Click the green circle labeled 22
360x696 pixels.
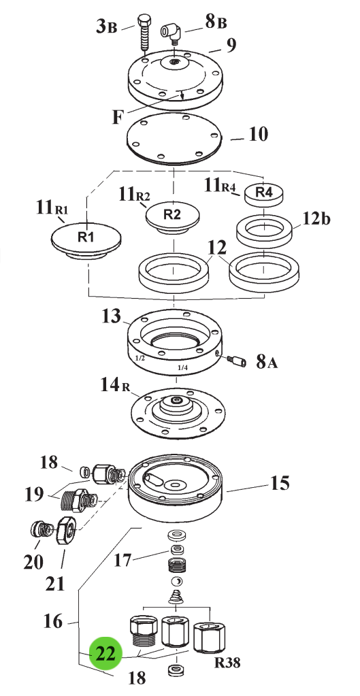[x=105, y=653]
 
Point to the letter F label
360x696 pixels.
[x=117, y=118]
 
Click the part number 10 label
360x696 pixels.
[x=258, y=134]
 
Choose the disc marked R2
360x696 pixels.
[x=173, y=217]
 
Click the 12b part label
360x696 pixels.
[x=317, y=219]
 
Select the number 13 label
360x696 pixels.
[x=110, y=316]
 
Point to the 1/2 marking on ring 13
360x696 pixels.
[x=140, y=358]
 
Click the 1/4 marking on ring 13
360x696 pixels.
[x=182, y=367]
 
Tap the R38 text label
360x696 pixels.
[x=228, y=663]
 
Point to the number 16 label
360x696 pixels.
[x=53, y=621]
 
